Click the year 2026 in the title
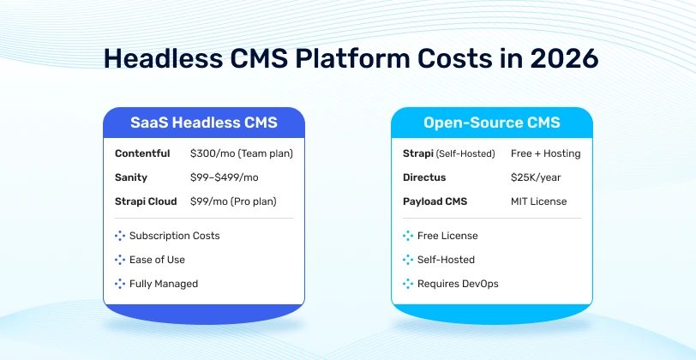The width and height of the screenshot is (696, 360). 564,58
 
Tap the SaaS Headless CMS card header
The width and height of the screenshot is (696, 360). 204,123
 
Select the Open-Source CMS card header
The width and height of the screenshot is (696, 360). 492,123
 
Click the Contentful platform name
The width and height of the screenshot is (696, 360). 142,153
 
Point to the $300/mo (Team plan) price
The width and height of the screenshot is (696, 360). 242,154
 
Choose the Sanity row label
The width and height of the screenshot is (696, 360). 131,177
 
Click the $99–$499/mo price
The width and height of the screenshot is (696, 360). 225,177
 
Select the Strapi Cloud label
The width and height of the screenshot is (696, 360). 146,201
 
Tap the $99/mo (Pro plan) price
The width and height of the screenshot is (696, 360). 233,201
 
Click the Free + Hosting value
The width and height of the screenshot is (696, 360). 545,153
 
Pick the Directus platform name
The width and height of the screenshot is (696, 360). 424,177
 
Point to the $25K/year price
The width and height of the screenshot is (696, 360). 536,177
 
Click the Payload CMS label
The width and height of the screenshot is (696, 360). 435,201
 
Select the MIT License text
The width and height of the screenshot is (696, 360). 539,201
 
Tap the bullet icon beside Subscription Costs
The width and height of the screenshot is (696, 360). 120,236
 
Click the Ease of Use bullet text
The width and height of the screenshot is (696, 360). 157,260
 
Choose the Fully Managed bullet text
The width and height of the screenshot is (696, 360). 164,284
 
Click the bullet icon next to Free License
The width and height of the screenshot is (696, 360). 408,236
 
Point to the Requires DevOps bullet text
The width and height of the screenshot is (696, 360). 458,284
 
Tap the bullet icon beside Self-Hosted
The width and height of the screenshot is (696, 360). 408,260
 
